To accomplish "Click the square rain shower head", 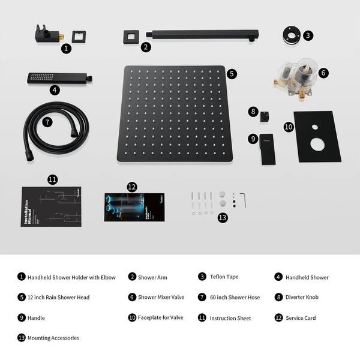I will (x=174, y=114).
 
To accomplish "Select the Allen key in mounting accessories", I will (x=242, y=197).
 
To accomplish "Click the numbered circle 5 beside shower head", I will (x=232, y=74).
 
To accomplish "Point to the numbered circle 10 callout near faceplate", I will (x=288, y=127).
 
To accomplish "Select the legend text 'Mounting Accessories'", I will (x=53, y=338).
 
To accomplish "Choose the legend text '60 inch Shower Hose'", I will (x=235, y=297).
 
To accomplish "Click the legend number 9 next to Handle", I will (x=22, y=317).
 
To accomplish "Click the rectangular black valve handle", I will (x=266, y=147).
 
